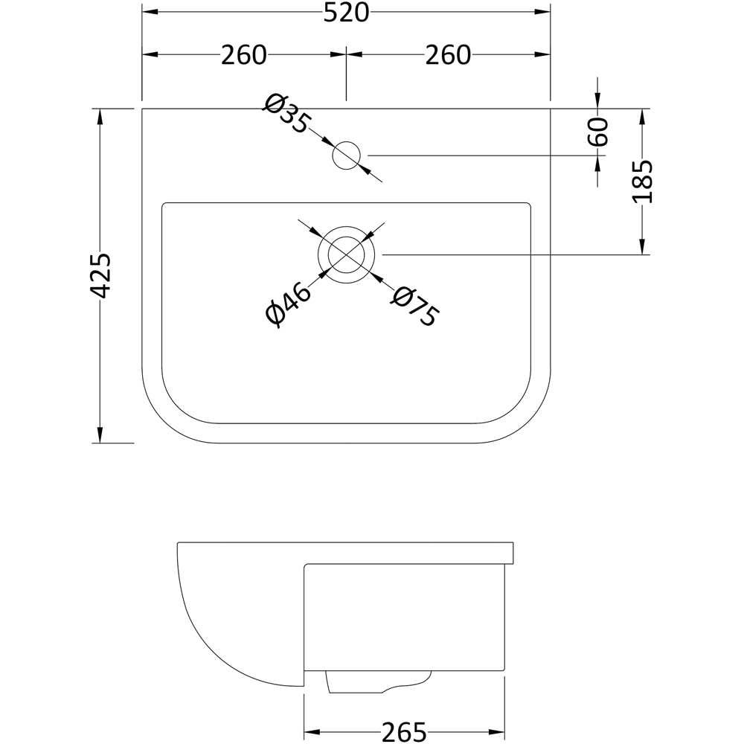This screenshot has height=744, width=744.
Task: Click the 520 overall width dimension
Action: (346, 13)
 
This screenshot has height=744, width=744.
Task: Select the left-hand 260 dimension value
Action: (243, 55)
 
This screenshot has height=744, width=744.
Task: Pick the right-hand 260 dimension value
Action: (448, 55)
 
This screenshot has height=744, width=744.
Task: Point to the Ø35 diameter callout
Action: (285, 113)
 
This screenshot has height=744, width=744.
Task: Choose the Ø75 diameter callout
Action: (414, 306)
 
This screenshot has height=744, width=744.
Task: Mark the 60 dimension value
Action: (600, 132)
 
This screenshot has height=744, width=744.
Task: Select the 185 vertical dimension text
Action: (642, 182)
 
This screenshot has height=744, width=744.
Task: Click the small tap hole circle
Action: (346, 155)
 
